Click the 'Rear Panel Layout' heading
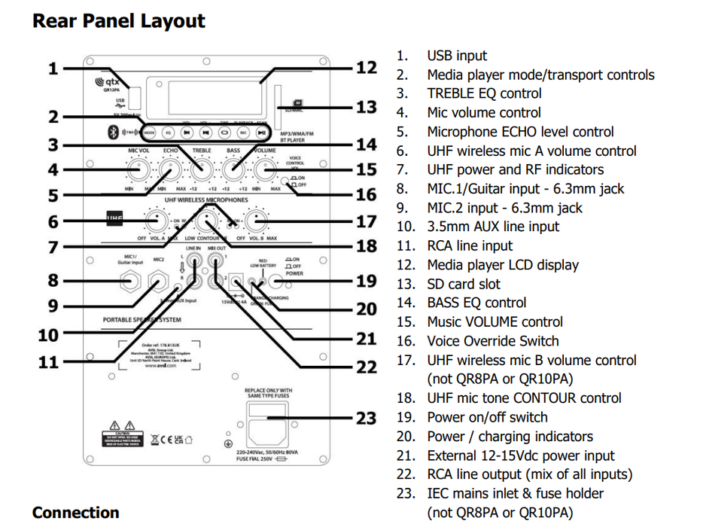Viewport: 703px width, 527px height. click(118, 20)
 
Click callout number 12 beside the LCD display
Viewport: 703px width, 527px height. click(366, 68)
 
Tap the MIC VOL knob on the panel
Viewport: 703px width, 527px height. click(136, 170)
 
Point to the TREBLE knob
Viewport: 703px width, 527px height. click(200, 170)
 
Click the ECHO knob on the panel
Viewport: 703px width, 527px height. click(169, 170)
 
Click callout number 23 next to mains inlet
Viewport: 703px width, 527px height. click(366, 419)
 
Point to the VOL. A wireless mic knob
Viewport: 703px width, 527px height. click(156, 221)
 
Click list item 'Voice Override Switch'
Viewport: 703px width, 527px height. click(492, 341)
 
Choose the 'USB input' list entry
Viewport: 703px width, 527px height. click(456, 56)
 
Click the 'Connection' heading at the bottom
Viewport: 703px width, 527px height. click(75, 513)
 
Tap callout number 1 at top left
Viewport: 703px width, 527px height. click(53, 69)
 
